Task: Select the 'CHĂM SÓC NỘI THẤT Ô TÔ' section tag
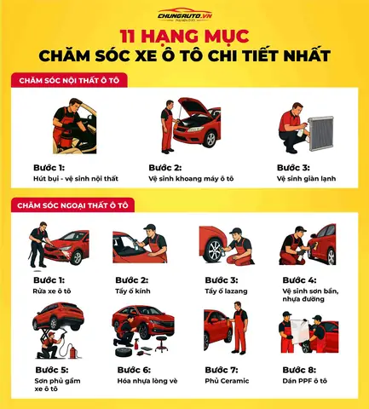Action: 66,80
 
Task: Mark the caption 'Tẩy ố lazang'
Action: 224,291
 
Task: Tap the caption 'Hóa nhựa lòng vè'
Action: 150,381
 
